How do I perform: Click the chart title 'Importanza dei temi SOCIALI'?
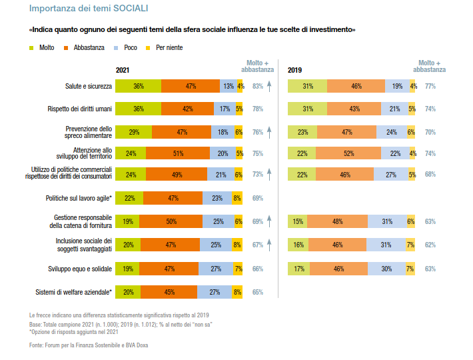(89, 9)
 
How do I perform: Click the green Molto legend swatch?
(32, 48)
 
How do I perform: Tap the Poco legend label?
(131, 48)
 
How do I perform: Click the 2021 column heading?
(123, 71)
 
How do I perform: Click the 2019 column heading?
(294, 71)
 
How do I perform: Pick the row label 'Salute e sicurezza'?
(89, 87)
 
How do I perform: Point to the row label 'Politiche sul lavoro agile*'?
(78, 198)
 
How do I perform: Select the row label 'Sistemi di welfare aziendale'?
(73, 292)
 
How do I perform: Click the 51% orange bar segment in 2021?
(178, 153)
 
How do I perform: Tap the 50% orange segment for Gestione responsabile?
(171, 221)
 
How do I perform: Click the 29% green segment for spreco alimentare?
(134, 132)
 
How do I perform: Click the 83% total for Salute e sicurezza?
(257, 87)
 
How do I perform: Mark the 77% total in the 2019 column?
(430, 87)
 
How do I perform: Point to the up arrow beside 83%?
(269, 85)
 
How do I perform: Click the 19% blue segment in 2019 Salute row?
(397, 86)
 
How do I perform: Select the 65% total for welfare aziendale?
(257, 292)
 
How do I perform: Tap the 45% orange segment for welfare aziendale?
(169, 292)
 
